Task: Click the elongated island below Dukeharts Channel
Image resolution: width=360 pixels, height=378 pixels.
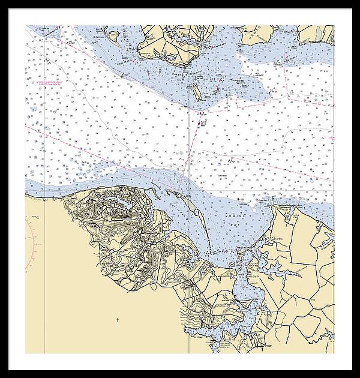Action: coord(196,91)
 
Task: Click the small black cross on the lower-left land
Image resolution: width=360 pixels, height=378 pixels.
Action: coord(116,319)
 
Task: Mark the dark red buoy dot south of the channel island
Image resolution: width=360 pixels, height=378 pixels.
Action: coord(199,122)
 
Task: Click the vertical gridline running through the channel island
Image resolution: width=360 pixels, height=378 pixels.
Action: coord(191,150)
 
